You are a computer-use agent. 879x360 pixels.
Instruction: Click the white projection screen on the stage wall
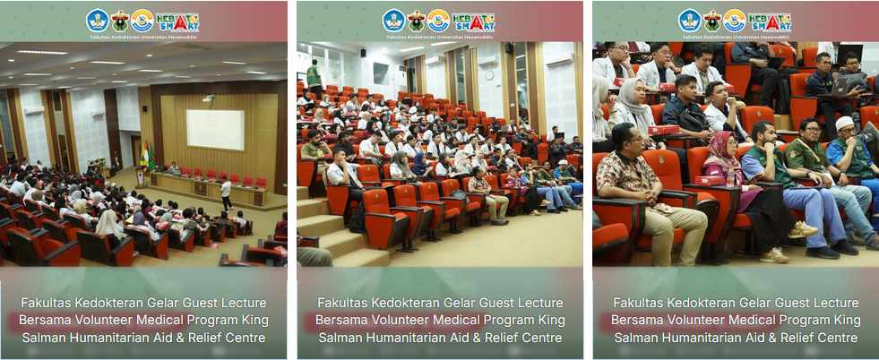tap(215, 129)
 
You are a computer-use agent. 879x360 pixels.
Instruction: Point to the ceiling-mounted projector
tap(209, 99)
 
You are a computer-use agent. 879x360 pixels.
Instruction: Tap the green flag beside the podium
tap(151, 157)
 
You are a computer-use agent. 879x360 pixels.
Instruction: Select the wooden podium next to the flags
tap(139, 177)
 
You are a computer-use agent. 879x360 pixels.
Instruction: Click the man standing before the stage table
tap(226, 193)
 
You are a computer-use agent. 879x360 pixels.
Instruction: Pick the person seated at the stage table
tap(173, 169)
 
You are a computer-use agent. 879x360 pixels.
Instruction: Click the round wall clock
tap(489, 74)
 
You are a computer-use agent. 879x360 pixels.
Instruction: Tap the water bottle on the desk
tap(730, 177)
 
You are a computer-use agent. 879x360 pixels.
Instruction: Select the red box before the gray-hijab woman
tap(663, 130)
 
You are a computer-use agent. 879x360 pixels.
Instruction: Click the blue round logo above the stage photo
tap(98, 21)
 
